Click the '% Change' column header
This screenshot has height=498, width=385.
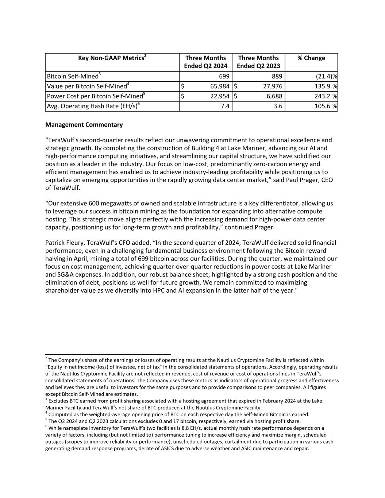coord(311,58)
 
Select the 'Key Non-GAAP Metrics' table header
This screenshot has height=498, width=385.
coord(112,58)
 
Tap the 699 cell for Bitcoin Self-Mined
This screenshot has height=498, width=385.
coord(224,76)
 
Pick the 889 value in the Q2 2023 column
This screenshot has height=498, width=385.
coord(277,76)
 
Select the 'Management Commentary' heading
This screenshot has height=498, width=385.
coord(84,125)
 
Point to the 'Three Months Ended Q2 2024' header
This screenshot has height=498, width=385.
coord(205,62)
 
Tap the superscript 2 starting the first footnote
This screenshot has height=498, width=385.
coord(46,359)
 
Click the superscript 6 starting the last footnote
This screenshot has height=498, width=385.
coord(46,427)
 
